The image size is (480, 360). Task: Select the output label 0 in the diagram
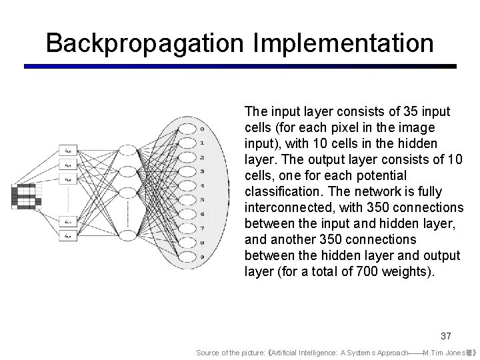pos(202,129)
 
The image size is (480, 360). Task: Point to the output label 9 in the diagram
pos(202,257)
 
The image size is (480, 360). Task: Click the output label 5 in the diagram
pos(202,199)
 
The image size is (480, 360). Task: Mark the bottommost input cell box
pos(69,235)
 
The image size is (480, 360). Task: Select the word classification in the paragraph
pos(277,191)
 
